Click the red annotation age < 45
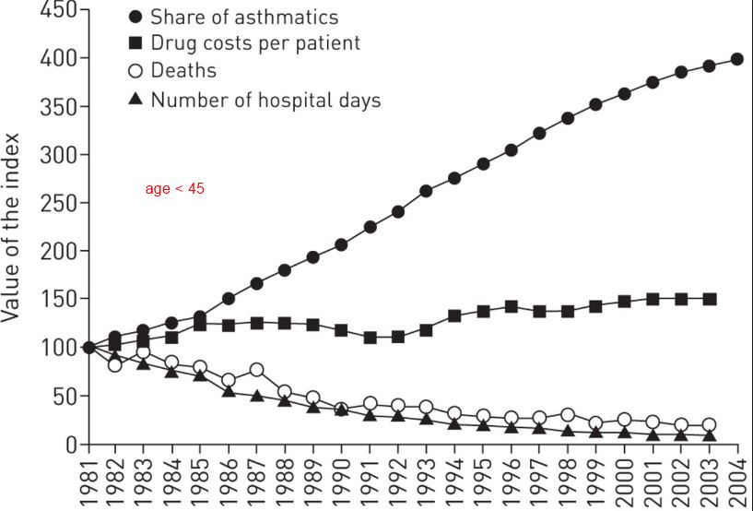[174, 189]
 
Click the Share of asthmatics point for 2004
[737, 59]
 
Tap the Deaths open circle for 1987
[257, 370]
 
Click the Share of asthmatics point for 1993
[426, 191]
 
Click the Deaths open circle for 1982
[115, 364]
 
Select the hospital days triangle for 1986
[229, 391]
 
